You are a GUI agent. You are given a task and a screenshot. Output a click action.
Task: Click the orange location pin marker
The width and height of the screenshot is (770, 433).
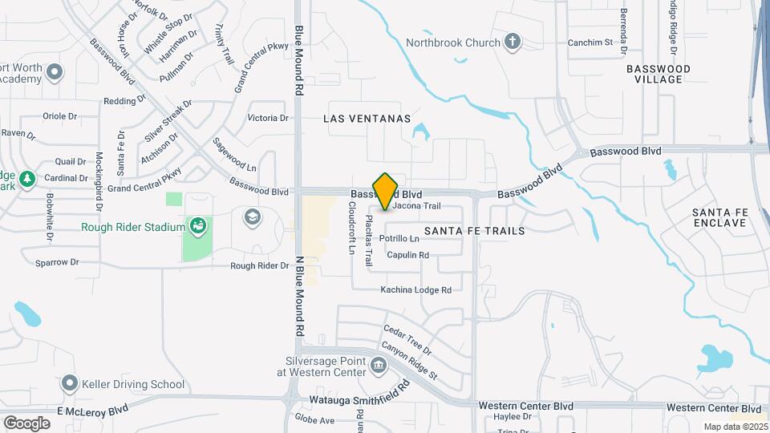coord(386,191)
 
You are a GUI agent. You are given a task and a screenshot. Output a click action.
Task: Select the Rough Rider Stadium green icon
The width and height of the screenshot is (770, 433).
coord(197,227)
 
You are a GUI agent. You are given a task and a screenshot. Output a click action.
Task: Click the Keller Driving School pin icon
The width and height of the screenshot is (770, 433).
coord(70,384)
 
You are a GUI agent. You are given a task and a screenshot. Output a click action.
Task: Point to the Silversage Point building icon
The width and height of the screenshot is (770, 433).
coord(379,366)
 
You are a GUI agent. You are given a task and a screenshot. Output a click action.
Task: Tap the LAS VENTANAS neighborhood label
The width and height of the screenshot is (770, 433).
coord(367,119)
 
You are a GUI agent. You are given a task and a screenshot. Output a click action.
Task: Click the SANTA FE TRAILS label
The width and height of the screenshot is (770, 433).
coord(474,231)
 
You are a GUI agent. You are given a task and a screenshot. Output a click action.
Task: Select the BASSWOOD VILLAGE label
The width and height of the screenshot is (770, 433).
coord(658,75)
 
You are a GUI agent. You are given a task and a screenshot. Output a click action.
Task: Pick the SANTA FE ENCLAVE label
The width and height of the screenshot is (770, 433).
coord(719,217)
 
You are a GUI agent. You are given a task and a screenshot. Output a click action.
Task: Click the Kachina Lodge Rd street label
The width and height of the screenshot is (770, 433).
coord(416,289)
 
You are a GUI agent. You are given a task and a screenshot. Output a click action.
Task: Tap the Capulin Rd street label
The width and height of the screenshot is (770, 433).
coord(407,255)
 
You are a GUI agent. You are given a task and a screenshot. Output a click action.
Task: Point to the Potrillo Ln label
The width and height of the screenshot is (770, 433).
coord(399,239)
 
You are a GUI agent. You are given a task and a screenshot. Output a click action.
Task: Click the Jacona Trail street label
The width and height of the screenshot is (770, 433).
coord(417,206)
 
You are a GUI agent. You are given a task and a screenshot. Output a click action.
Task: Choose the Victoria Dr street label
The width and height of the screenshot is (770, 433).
coord(268,118)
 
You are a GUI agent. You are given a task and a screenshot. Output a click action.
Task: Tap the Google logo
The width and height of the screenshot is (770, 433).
coord(26,423)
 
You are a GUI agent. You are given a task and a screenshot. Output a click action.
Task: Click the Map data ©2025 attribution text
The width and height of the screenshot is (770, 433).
coord(735,427)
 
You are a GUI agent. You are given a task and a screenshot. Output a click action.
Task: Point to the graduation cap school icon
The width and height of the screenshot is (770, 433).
coord(253,217)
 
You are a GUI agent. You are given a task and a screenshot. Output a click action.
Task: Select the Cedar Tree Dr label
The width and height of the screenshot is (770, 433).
coord(407,341)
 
